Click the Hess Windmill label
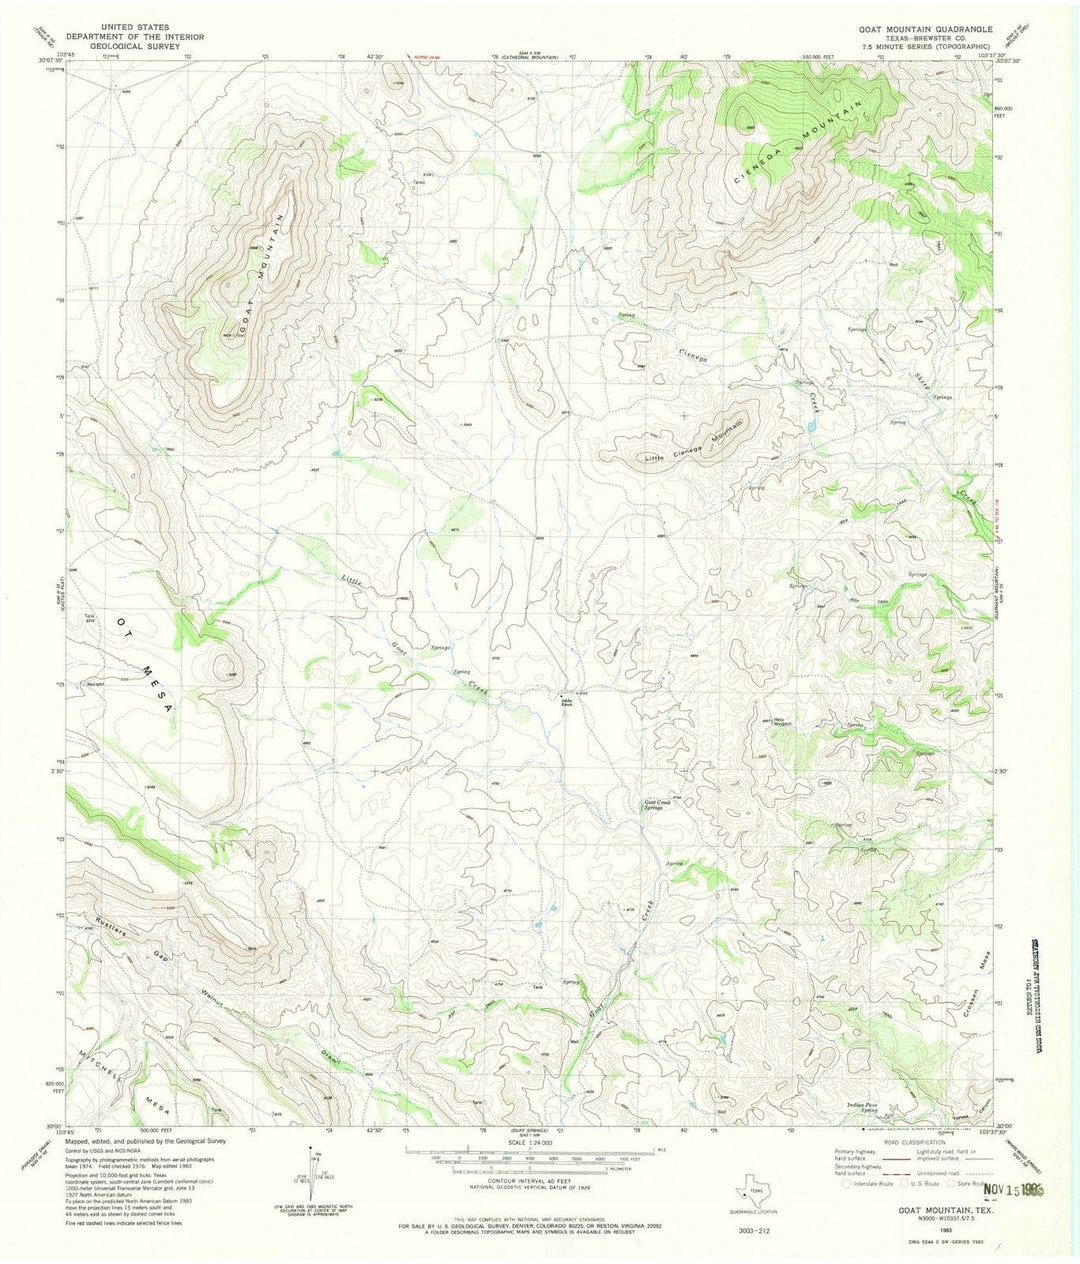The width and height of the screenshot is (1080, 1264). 782,719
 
